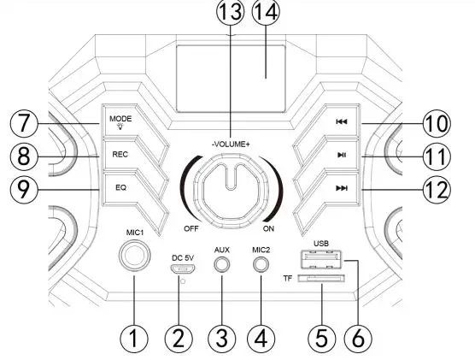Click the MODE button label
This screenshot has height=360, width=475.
[120, 119]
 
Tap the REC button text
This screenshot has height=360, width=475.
[120, 155]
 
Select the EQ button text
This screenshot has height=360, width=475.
[120, 188]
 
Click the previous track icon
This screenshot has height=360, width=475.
[342, 122]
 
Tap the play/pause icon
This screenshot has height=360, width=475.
[342, 156]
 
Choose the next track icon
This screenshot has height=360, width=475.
[342, 189]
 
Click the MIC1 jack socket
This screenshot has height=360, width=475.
[134, 256]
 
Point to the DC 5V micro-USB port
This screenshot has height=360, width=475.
[182, 269]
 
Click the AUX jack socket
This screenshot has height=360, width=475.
[222, 264]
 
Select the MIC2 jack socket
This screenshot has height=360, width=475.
[261, 264]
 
